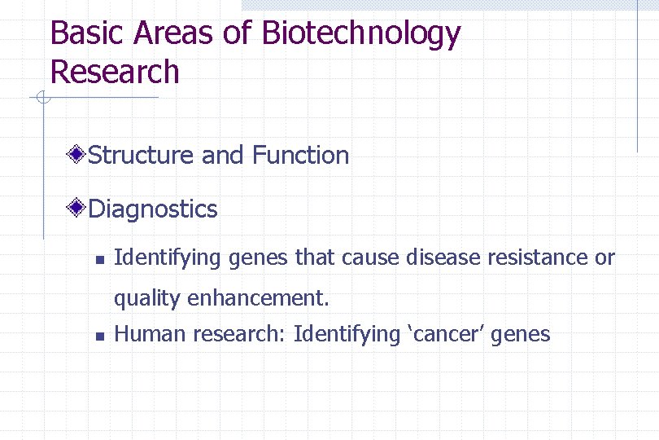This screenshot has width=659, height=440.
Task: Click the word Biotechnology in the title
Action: point(361,34)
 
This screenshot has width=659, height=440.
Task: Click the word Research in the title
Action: point(114,72)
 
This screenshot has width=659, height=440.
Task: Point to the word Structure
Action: point(142,155)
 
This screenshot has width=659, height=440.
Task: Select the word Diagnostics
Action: point(152,209)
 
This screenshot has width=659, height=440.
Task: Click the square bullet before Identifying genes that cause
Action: point(97,261)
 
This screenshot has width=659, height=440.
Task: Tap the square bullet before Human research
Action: point(97,336)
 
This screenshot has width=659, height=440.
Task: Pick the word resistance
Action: point(538,258)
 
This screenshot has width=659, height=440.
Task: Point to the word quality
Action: point(147,299)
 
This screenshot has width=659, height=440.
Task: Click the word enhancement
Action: point(258,298)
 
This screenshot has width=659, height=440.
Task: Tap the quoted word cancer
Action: point(446,334)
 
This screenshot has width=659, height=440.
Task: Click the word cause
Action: point(370,258)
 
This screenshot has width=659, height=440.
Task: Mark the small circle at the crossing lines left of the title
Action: point(43,99)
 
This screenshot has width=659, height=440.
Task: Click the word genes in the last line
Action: point(522,335)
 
